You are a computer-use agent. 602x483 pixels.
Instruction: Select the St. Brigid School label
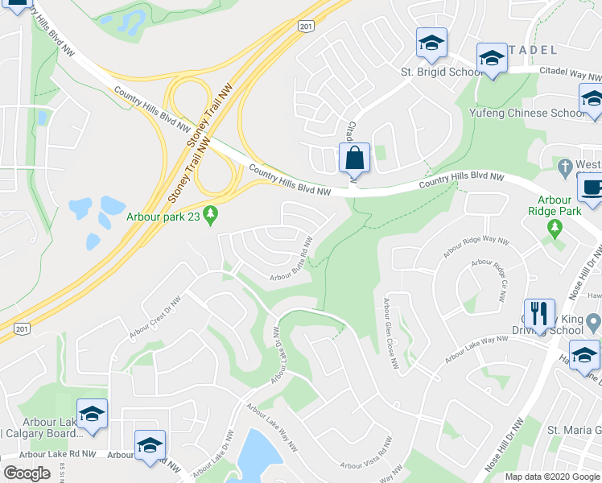pos(442,72)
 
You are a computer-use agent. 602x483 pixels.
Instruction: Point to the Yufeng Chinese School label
pos(528,114)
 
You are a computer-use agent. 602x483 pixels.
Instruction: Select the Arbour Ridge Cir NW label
pos(492,276)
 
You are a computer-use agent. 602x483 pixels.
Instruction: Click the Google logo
pos(27,474)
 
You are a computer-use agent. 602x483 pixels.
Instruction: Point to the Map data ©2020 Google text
pos(552,477)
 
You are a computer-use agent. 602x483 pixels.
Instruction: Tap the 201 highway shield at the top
pos(304,27)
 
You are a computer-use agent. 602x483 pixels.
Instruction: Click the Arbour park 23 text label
pos(164,216)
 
